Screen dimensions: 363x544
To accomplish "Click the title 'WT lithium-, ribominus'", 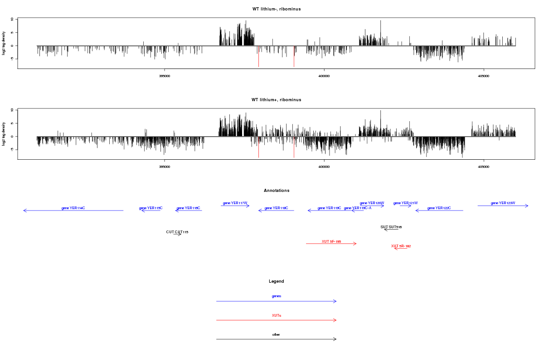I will coord(276,9).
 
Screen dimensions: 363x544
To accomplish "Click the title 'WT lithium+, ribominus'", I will coord(276,100).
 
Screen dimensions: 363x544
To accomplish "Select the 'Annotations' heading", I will coord(277,191).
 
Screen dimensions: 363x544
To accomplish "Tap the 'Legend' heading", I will coord(277,281).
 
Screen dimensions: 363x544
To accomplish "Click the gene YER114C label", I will coord(73,208).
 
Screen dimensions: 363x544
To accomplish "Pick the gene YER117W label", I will coord(235,203).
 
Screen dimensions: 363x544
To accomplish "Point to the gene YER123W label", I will coord(503,203).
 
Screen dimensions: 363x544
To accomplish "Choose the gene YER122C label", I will coord(439,208).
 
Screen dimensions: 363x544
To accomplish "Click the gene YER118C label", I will coord(276,208).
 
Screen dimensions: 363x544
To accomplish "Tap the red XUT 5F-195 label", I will coord(331,241).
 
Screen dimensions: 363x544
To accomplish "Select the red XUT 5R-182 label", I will coord(401,246).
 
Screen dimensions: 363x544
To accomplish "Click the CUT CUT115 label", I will coord(177,232).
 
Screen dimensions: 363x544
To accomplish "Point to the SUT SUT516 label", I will coord(391,226).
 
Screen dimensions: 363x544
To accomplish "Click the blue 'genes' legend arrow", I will coord(276,301).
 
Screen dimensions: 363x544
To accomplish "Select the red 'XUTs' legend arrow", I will coord(276,320).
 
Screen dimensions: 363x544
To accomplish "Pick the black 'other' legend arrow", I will coord(276,339).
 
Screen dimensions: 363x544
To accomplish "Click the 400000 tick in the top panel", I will coord(324,76).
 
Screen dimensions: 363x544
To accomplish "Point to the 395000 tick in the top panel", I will coord(165,76).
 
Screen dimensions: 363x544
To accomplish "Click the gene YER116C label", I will coord(189,208).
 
